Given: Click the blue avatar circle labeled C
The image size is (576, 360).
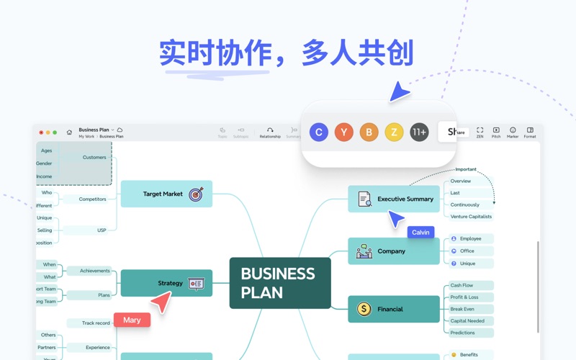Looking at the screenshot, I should (319, 132).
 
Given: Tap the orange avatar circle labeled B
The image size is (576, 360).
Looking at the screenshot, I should (369, 132).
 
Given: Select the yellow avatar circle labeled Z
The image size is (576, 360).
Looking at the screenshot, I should (394, 132).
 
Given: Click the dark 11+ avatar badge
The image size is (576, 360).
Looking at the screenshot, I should (419, 132).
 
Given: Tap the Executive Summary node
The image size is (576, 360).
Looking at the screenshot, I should (394, 199).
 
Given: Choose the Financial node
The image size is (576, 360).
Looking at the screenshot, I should (394, 309).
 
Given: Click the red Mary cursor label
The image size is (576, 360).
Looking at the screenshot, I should (132, 320).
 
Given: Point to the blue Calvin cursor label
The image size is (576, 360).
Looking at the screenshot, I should (420, 232).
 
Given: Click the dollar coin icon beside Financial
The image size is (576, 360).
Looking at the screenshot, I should (364, 309).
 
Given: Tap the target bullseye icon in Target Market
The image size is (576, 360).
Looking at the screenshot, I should (196, 194).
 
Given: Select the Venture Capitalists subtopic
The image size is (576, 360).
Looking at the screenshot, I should (471, 216).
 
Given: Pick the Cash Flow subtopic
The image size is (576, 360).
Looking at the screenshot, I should (462, 285).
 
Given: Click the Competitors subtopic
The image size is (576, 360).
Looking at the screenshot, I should (92, 199).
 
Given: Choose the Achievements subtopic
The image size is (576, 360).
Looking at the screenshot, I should (94, 271).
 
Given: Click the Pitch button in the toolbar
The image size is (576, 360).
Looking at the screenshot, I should (496, 132).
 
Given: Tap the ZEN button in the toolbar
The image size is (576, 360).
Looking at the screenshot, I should (480, 132).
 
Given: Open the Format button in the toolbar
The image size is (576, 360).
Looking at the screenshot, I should (530, 132).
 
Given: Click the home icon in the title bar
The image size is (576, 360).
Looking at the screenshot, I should (69, 132).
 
